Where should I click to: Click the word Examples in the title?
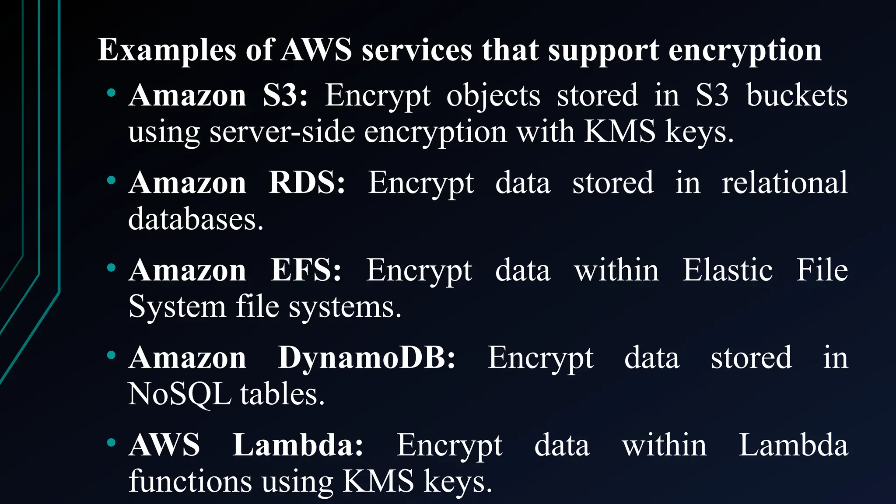coord(167,50)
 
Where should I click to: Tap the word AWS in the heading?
coord(316,49)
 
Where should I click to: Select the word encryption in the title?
coord(745,50)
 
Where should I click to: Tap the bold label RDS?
coord(307,182)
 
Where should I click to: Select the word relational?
coord(784,182)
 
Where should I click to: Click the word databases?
coord(196,219)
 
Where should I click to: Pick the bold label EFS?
coord(305,270)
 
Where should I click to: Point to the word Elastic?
coord(728,270)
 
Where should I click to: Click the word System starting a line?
coord(177,306)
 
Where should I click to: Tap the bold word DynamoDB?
coord(367,357)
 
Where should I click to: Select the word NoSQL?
coord(179,394)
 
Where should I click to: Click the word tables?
coord(282,394)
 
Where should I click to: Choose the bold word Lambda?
coord(297,445)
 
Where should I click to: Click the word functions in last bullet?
coord(190,481)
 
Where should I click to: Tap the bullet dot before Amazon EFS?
coord(111,267)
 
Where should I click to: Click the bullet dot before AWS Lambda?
coord(111,443)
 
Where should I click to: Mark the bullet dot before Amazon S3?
coord(111,93)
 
